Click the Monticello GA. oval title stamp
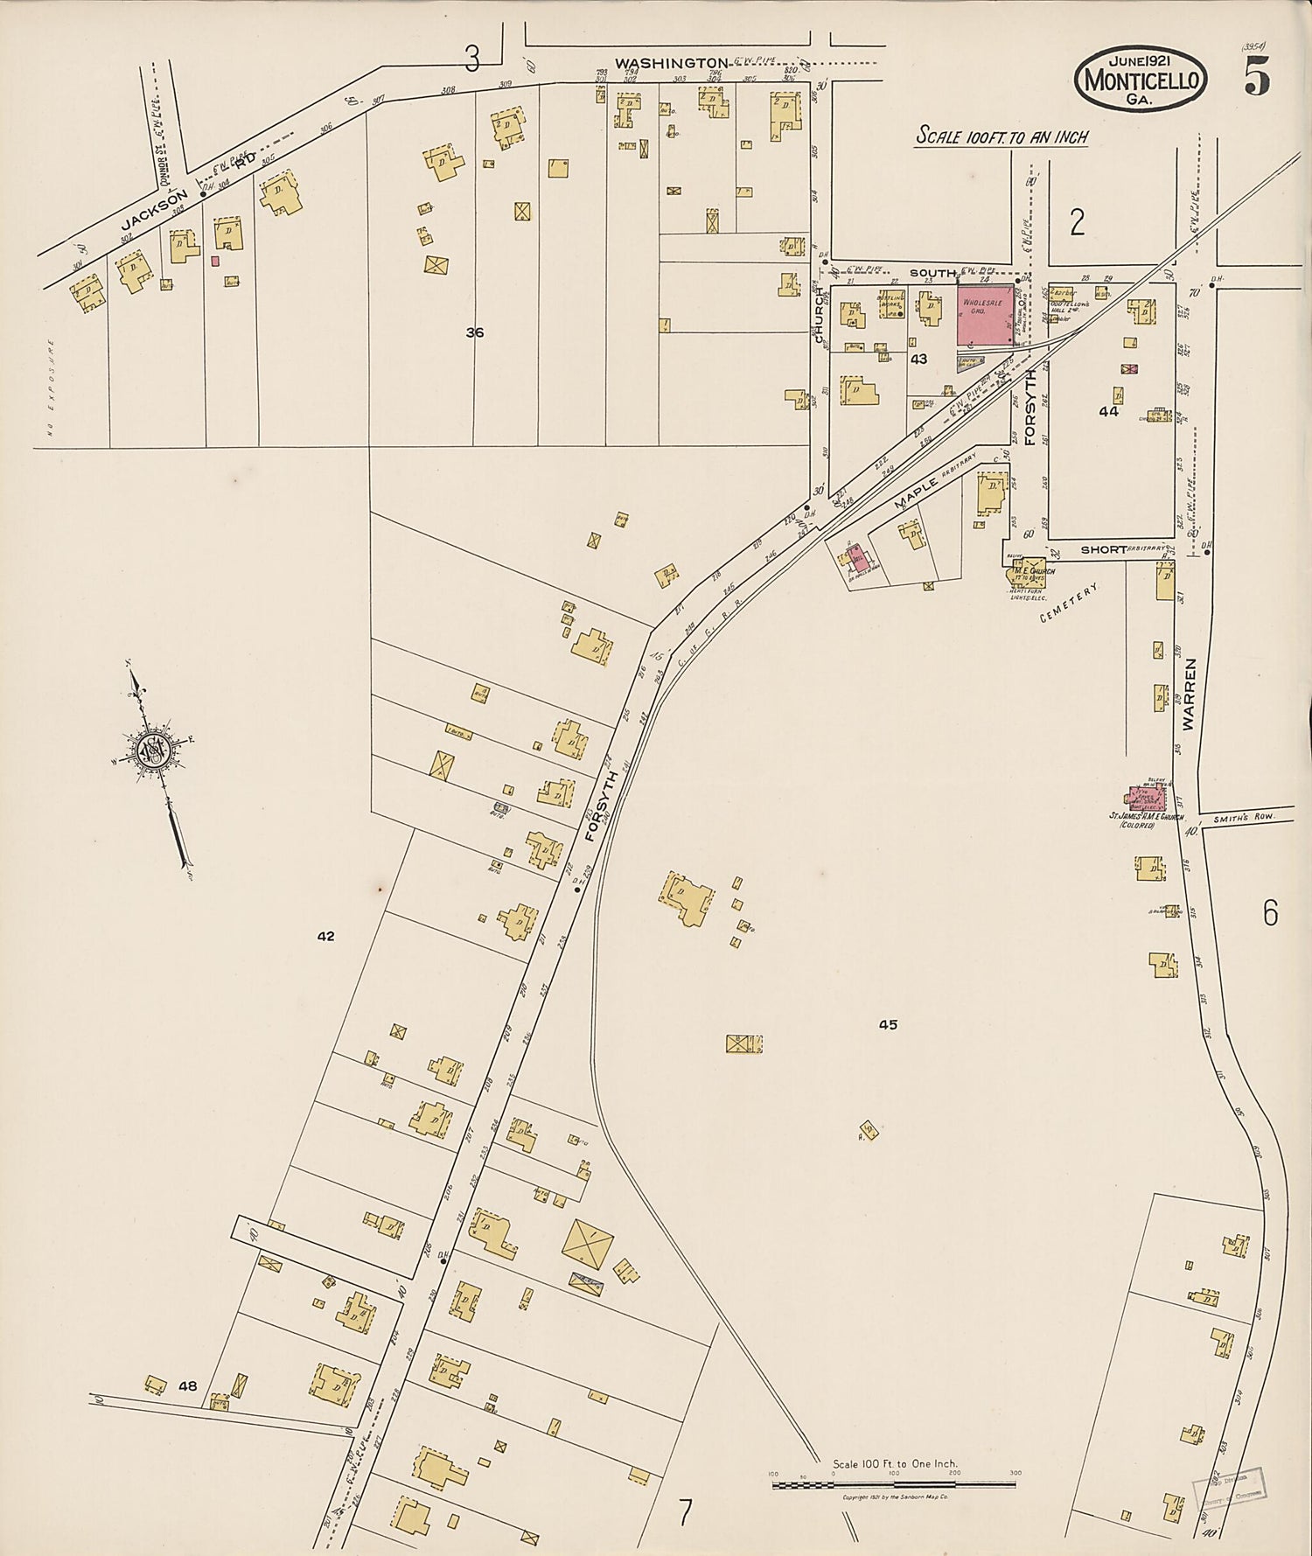pos(1141,79)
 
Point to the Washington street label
pos(671,63)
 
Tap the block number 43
pos(918,359)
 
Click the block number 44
pos(1108,411)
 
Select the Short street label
pos(1104,549)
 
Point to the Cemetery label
pos(1068,604)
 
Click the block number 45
pos(888,1024)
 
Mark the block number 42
pos(325,936)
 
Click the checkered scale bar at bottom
pos(892,1484)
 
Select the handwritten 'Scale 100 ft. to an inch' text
pos(1001,136)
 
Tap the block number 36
pos(475,332)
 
